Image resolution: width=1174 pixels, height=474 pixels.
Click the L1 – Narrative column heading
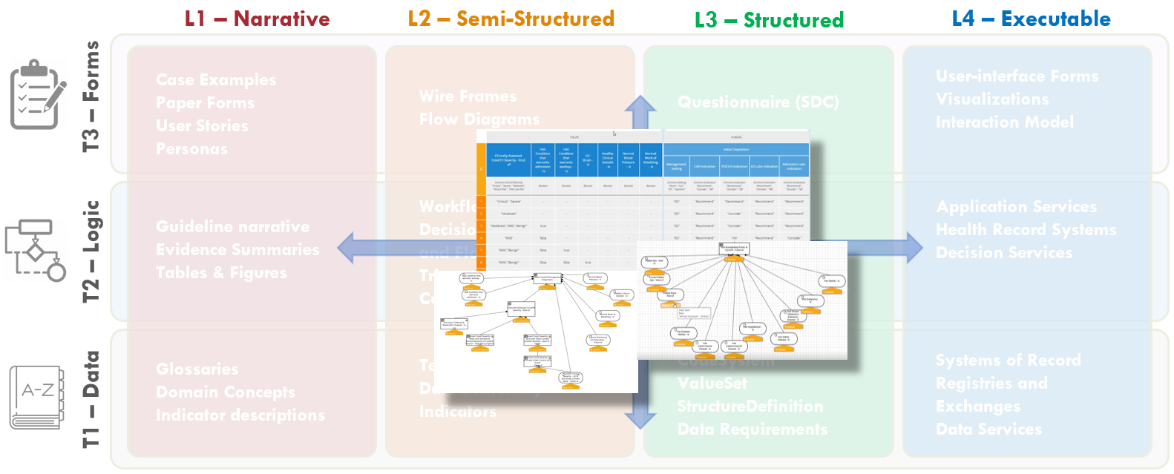257,19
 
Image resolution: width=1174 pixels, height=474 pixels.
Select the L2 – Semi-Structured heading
511,19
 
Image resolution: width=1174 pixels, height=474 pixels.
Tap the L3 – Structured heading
769,20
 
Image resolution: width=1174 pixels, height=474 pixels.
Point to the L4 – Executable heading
1031,19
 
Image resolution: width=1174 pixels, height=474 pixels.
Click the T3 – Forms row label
91,96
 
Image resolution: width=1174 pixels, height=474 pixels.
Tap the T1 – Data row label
91,399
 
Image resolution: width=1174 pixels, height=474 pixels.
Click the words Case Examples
216,80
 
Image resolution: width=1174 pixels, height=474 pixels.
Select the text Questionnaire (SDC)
758,102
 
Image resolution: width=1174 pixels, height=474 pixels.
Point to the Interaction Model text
1005,122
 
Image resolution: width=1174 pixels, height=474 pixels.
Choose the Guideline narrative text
232,227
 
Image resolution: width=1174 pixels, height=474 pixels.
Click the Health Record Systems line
1026,230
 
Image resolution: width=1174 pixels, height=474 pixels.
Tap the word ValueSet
712,384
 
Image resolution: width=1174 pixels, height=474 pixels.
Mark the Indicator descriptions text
240,415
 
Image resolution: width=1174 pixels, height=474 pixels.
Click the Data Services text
988,429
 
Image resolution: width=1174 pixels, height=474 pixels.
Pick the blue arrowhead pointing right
912,248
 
